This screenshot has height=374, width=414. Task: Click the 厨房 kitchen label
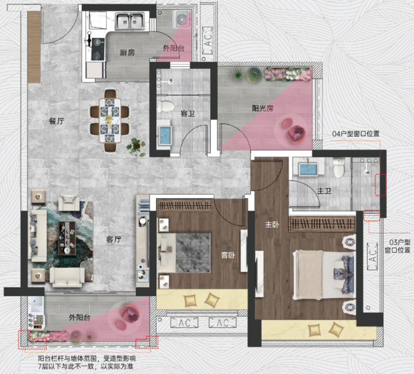click(x=127, y=52)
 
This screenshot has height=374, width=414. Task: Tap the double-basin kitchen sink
click(x=130, y=21)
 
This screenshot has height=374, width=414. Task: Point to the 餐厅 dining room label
click(x=57, y=121)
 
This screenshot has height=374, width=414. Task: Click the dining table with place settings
click(x=110, y=120)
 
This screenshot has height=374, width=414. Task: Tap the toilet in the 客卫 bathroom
click(x=165, y=106)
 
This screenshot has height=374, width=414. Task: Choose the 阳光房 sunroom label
click(x=263, y=108)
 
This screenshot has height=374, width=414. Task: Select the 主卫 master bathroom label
click(x=324, y=191)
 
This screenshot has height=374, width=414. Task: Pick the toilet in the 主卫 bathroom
click(x=339, y=168)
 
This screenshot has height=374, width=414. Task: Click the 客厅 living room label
click(x=114, y=239)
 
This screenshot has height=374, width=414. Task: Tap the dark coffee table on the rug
click(x=67, y=238)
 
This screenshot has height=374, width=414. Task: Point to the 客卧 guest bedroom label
click(x=228, y=255)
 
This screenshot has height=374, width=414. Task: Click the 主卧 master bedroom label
click(x=272, y=225)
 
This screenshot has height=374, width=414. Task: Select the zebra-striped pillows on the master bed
click(x=343, y=275)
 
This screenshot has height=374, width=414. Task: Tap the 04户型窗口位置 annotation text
click(x=356, y=133)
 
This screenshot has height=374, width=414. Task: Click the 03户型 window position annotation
click(x=398, y=246)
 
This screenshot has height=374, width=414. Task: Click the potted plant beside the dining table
click(x=136, y=147)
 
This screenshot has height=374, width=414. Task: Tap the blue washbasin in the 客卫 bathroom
click(x=165, y=135)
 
